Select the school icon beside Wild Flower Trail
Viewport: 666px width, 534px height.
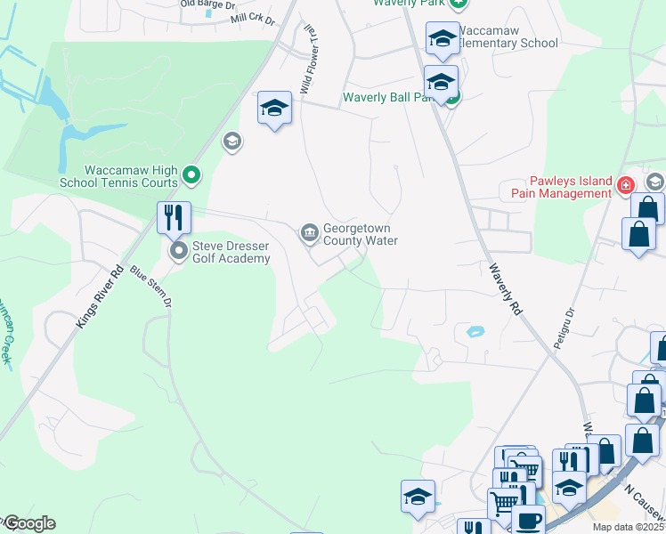click(274, 109)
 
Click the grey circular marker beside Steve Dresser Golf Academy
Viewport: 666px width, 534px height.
click(179, 251)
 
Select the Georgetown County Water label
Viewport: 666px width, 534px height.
click(360, 233)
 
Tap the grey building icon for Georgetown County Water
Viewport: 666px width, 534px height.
click(309, 233)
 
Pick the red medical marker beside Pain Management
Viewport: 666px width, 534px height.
click(626, 186)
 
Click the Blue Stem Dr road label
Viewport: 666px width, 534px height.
click(150, 287)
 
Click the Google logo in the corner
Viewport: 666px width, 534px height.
click(28, 523)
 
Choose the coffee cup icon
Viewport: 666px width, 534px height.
click(527, 520)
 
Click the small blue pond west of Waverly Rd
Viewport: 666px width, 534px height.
click(475, 332)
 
